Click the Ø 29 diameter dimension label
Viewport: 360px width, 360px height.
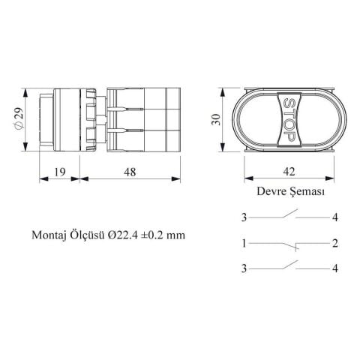19,118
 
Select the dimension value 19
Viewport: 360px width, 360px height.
60,172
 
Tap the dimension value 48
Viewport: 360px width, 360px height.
130,172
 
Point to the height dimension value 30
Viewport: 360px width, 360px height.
216,119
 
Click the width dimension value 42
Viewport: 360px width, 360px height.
289,172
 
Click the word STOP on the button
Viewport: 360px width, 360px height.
289,119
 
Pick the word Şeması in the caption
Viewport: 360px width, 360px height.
307,192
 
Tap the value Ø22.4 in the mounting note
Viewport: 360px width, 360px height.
123,235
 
